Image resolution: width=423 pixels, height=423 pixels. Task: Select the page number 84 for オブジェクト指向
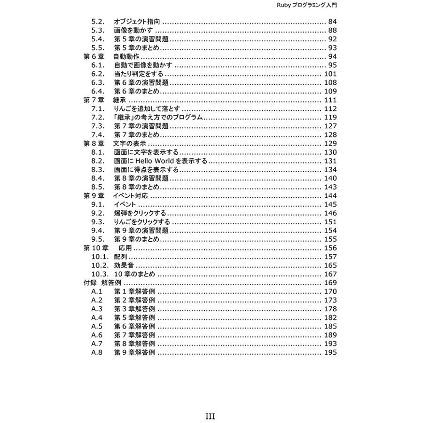click(332, 22)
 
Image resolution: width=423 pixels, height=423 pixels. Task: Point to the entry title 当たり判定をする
click(138, 74)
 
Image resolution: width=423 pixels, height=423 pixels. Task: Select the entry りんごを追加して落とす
click(147, 109)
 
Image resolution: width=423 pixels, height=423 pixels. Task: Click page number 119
click(330, 117)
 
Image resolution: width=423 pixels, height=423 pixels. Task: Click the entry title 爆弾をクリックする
click(143, 213)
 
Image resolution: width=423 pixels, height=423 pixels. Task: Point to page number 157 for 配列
click(330, 257)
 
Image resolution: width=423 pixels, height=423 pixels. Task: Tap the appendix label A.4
click(97, 318)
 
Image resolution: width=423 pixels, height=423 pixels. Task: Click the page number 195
click(330, 352)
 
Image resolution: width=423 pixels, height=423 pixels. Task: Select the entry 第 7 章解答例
click(134, 335)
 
